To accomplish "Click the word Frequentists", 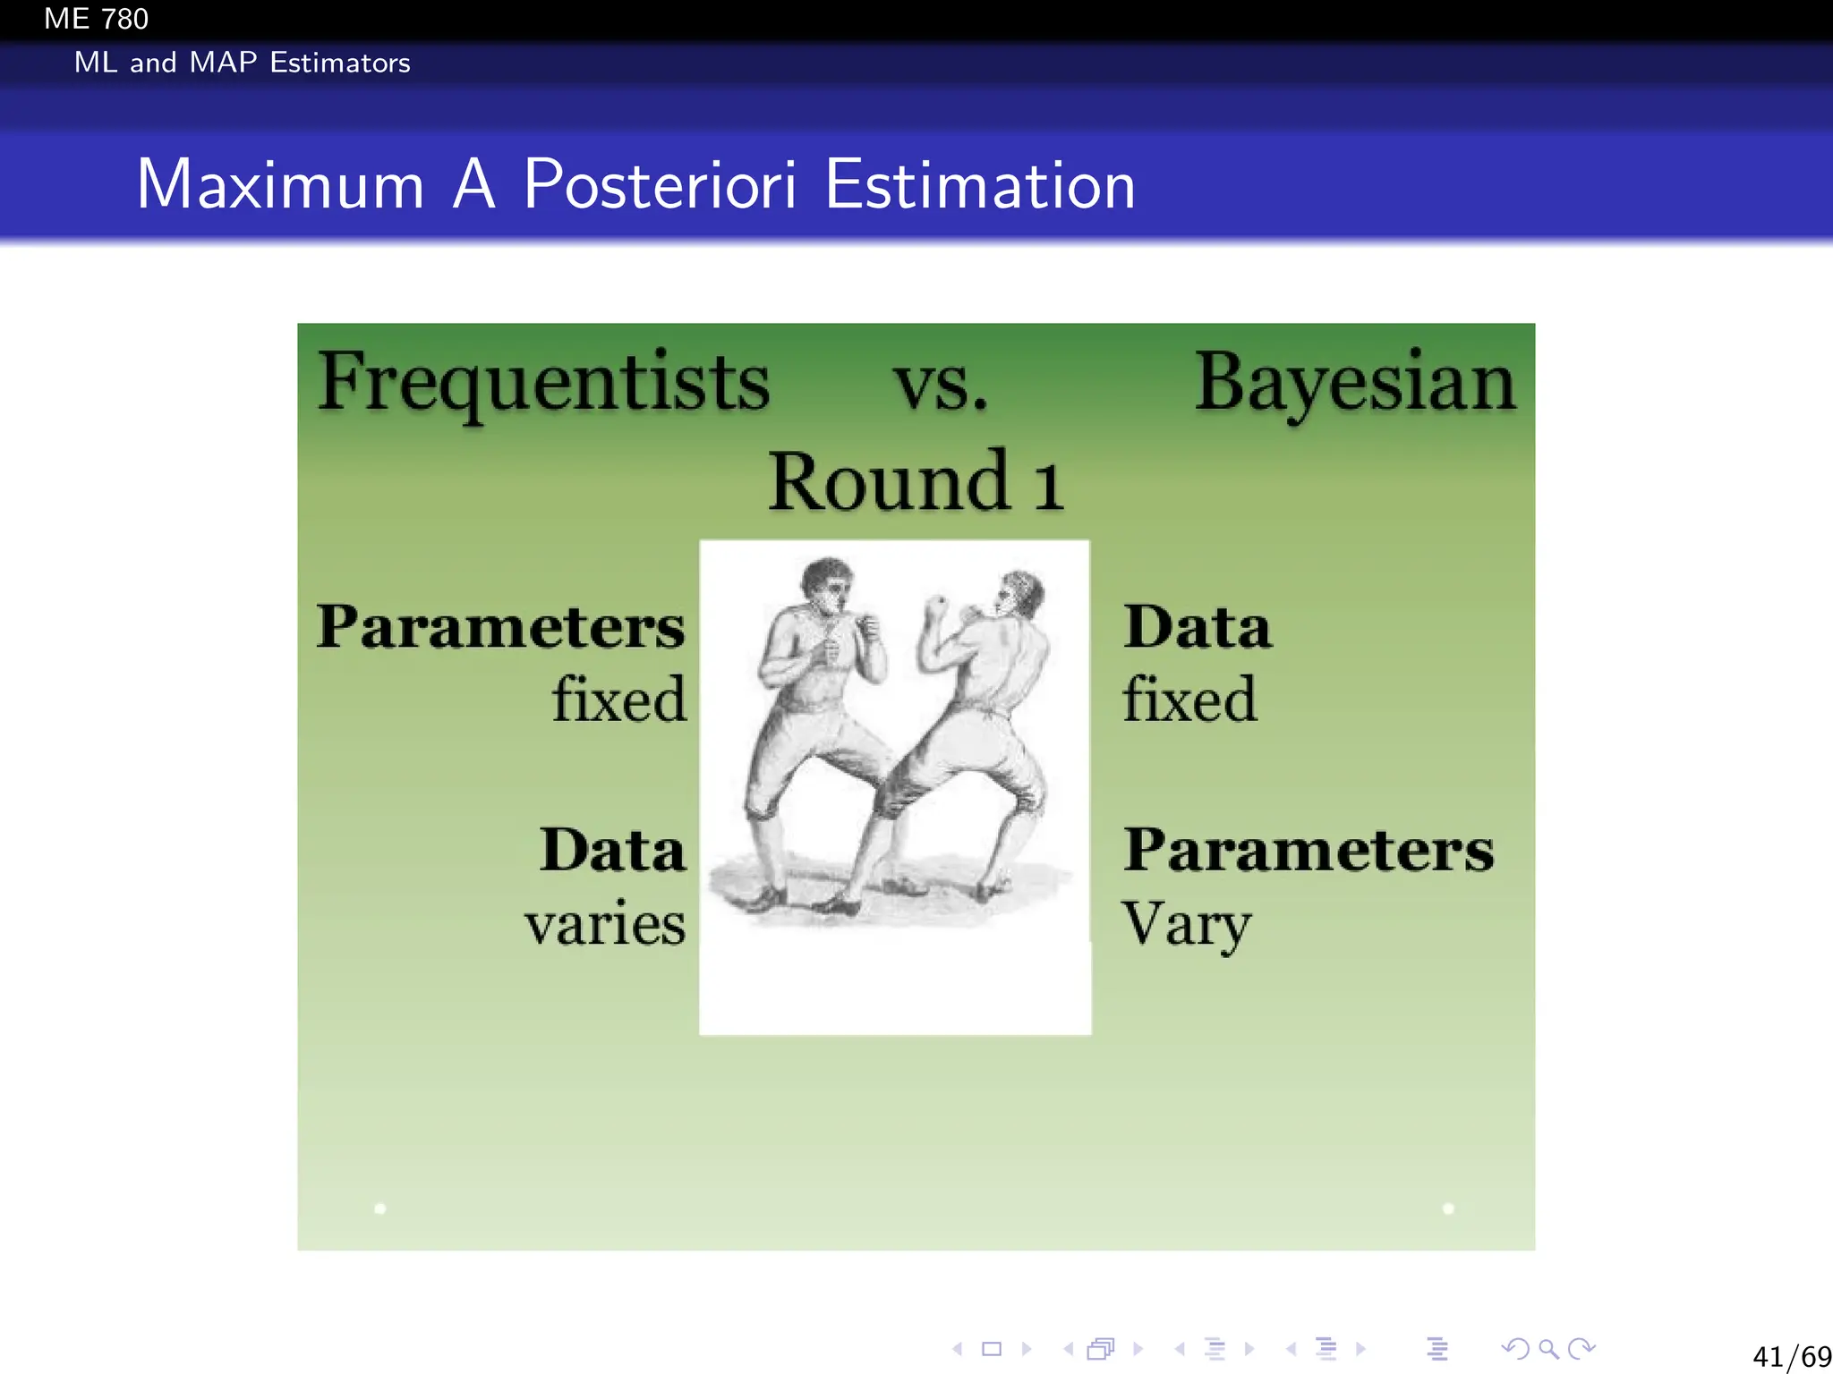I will tap(543, 382).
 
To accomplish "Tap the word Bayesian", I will tap(1354, 382).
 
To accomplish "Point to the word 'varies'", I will tap(605, 923).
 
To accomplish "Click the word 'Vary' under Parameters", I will tap(1185, 923).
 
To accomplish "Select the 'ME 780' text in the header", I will tap(96, 19).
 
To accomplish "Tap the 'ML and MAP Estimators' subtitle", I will tap(242, 63).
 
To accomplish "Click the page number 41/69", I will tap(1791, 1356).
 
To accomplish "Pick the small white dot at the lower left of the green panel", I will tap(380, 1209).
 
